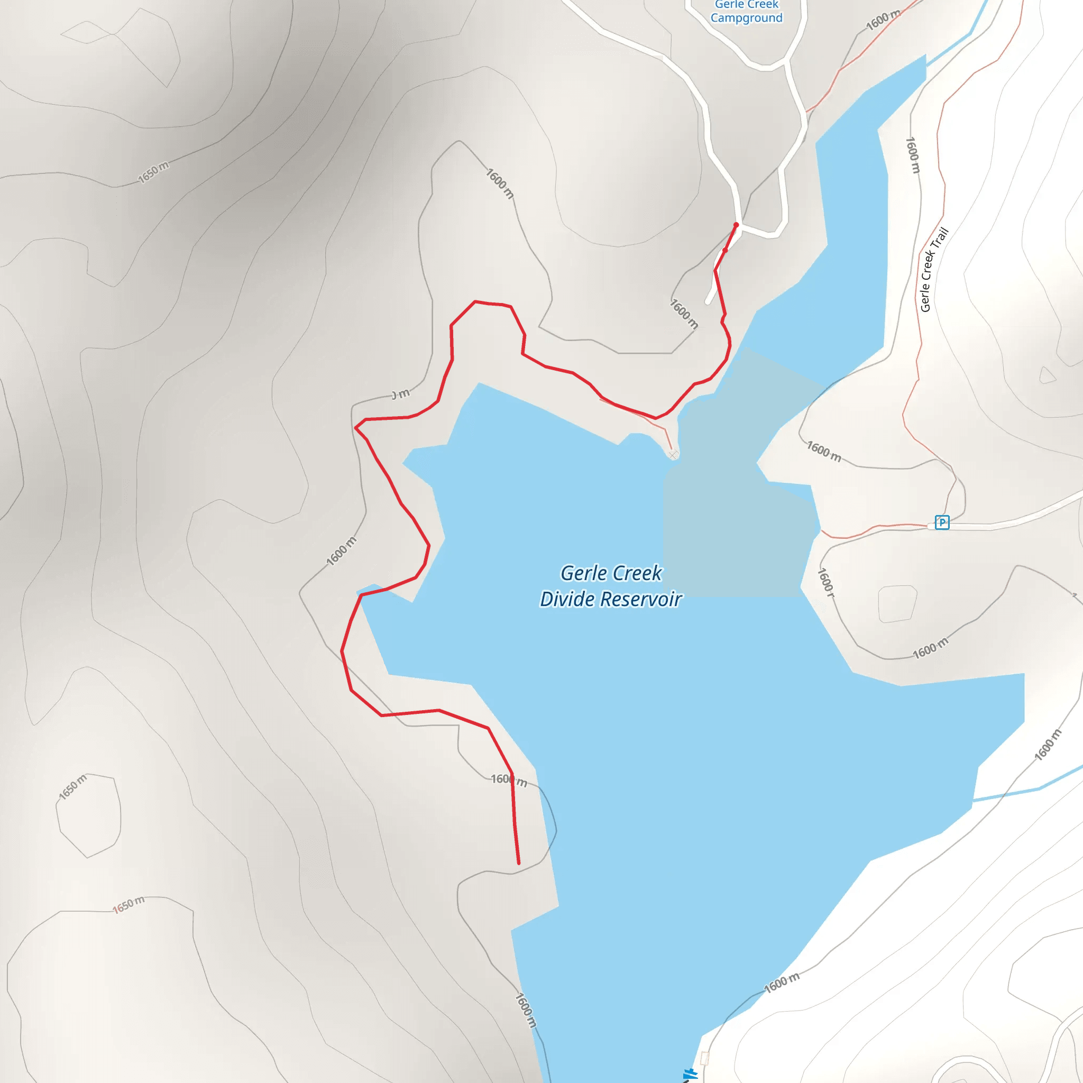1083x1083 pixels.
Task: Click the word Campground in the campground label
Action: click(746, 19)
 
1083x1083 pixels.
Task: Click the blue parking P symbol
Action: click(942, 522)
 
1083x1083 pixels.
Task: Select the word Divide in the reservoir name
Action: click(567, 599)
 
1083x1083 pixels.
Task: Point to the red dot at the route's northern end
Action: click(736, 225)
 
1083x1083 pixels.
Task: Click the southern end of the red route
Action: click(519, 863)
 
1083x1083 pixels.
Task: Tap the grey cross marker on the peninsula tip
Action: click(674, 454)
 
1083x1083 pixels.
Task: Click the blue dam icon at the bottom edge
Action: click(691, 1075)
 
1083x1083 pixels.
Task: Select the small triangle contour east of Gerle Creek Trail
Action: click(1047, 375)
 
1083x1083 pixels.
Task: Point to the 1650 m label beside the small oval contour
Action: click(73, 787)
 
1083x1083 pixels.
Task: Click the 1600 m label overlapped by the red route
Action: click(508, 780)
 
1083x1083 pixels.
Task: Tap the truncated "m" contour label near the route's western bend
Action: click(401, 394)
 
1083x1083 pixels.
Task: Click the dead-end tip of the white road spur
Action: click(708, 302)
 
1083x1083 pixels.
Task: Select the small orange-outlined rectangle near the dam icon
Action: click(704, 1058)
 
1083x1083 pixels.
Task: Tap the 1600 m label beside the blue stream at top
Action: click(883, 21)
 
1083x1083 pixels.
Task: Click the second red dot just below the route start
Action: click(725, 251)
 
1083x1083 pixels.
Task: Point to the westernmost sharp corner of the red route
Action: click(342, 651)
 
